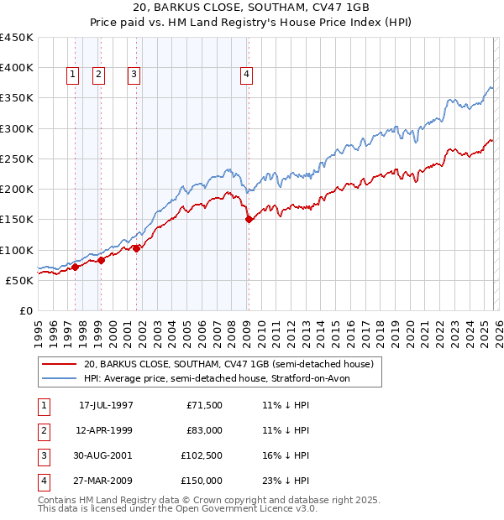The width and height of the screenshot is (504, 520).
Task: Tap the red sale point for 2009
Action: click(x=249, y=220)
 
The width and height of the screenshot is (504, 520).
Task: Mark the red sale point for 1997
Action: click(x=75, y=268)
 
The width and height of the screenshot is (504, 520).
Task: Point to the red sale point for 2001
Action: click(x=137, y=248)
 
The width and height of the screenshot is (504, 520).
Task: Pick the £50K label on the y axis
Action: click(x=19, y=280)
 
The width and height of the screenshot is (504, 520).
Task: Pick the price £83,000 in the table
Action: click(x=202, y=430)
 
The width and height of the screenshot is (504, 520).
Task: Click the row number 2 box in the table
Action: click(x=42, y=430)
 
